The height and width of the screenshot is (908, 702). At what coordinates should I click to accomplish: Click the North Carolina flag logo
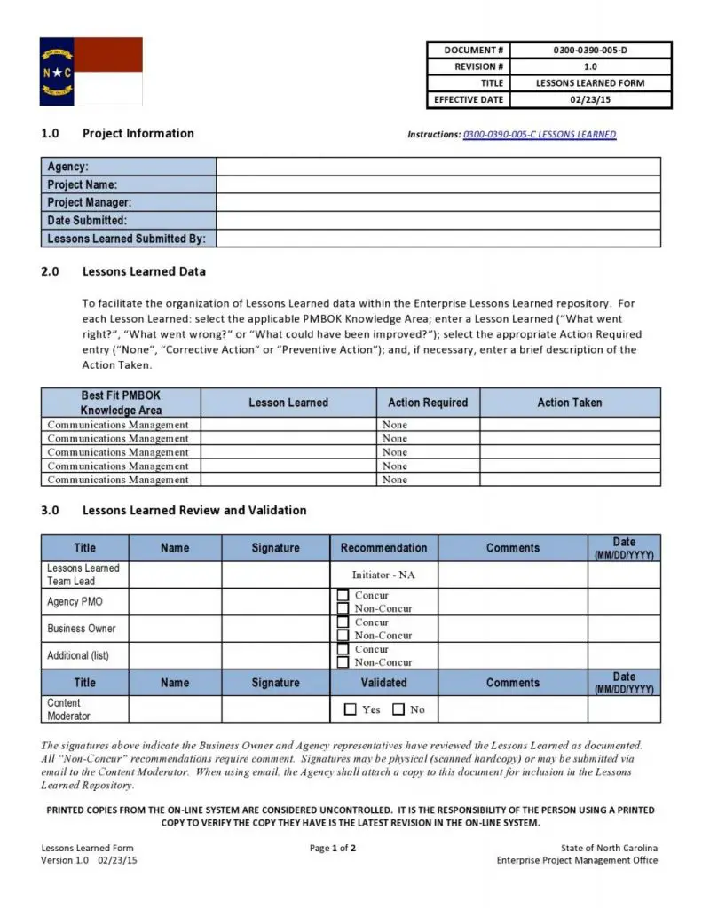coord(91,71)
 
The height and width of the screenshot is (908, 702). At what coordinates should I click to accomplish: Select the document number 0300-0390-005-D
coord(589,51)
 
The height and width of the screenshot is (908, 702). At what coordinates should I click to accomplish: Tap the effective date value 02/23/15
coord(589,100)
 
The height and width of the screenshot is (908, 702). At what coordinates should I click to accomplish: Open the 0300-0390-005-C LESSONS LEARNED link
coord(539,135)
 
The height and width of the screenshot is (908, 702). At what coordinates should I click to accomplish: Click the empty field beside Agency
coord(438,167)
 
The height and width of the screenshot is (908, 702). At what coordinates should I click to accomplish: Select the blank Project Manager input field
coord(438,203)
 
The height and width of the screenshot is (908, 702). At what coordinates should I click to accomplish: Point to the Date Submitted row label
coord(87,221)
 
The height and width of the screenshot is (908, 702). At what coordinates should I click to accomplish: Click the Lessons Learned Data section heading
coord(144,271)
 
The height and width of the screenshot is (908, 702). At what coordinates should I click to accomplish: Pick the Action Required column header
coord(428,403)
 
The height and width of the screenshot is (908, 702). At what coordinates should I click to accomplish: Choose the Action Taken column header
coord(570,403)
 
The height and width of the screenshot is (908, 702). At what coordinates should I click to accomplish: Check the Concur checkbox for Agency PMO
coord(343,596)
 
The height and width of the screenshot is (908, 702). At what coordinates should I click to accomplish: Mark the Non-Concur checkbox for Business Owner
coord(343,635)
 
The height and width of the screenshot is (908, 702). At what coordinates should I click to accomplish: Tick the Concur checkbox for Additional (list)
coord(343,650)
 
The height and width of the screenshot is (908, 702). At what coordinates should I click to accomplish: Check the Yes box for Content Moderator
coord(350,709)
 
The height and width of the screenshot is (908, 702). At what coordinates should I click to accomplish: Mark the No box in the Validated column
coord(398,709)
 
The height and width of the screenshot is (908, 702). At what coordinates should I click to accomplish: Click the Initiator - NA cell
coord(383,575)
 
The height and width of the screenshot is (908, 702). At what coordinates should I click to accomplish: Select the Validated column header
coord(383,683)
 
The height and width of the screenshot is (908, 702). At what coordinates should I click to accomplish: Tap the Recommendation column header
coord(383,548)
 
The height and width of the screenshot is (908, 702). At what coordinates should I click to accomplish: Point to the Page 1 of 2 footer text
coord(333,849)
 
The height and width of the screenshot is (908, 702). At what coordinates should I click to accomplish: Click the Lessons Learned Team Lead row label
coord(83,575)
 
